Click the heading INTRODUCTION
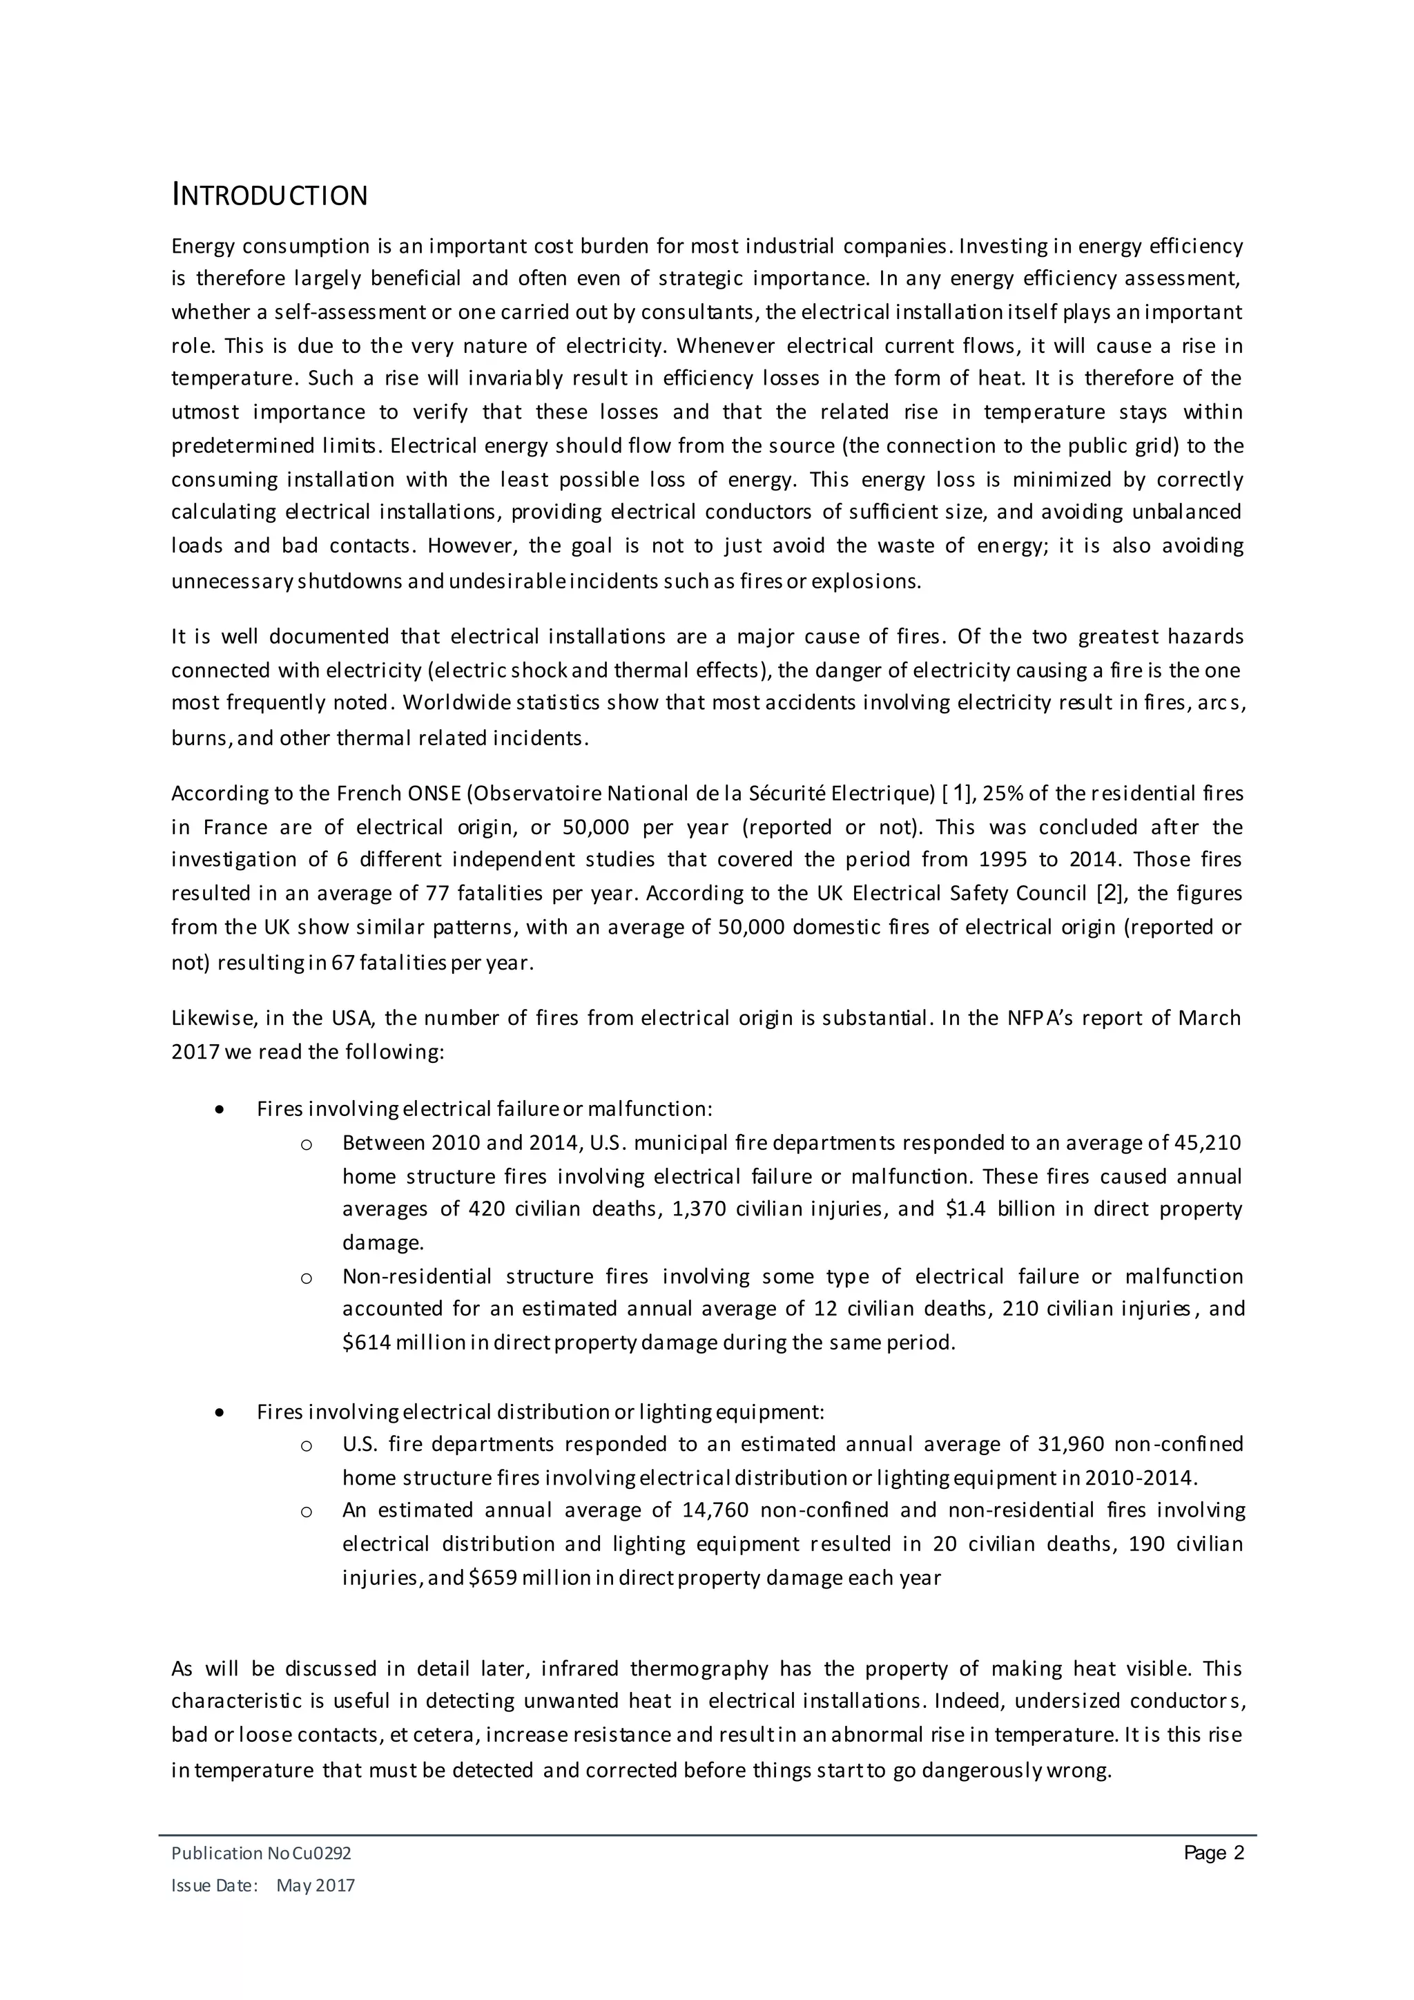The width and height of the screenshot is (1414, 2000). [x=269, y=195]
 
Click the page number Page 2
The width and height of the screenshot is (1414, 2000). [x=1214, y=1853]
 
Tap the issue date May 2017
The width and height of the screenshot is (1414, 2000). [x=316, y=1886]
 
